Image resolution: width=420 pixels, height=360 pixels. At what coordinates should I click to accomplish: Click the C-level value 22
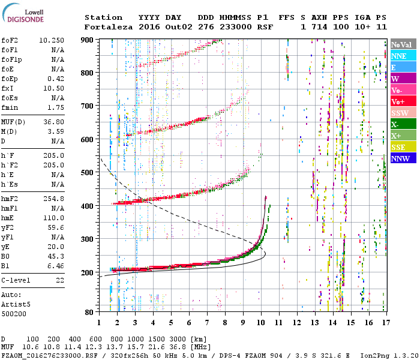pos(59,280)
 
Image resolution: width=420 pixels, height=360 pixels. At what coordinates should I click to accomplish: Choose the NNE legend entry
pos(399,56)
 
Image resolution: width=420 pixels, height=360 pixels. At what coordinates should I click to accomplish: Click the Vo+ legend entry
pos(398,102)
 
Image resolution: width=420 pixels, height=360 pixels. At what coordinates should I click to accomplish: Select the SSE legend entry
pos(399,148)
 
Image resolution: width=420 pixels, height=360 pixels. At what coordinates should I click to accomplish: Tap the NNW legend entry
pos(400,159)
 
